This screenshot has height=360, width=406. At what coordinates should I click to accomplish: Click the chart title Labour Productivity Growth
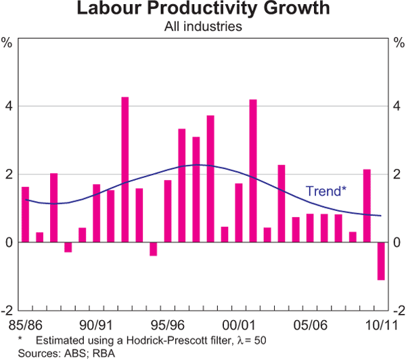(203, 9)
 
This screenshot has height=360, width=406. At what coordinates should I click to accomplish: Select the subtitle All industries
(203, 27)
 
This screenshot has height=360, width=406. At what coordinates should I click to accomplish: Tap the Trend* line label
(326, 191)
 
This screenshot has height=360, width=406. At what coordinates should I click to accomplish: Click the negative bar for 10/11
(381, 261)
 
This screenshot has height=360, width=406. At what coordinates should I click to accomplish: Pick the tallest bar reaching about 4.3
(125, 169)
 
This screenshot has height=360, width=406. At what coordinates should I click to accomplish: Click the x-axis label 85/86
(25, 324)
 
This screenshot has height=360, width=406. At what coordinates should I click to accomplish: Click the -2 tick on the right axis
(399, 310)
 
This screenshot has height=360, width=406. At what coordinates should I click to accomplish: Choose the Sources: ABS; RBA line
(53, 353)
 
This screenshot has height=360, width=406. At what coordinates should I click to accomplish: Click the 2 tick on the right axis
(399, 174)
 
